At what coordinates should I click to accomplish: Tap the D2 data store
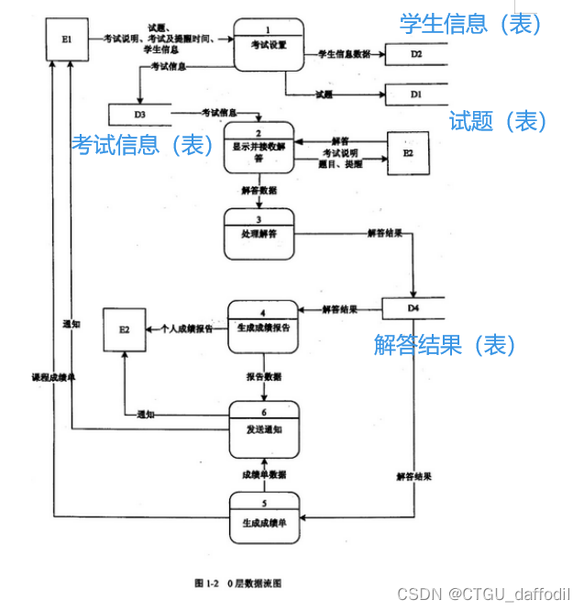[x=415, y=55]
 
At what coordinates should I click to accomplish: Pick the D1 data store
[x=415, y=94]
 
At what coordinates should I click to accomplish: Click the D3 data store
[x=139, y=115]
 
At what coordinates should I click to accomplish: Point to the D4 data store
[x=413, y=309]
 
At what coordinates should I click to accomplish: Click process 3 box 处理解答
[x=259, y=233]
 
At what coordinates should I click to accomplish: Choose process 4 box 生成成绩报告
[x=263, y=326]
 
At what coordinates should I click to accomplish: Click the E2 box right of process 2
[x=408, y=152]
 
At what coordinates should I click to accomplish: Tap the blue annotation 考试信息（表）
[x=145, y=144]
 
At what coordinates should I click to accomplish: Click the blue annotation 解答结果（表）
[x=446, y=345]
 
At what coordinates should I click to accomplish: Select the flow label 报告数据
[x=264, y=377]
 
